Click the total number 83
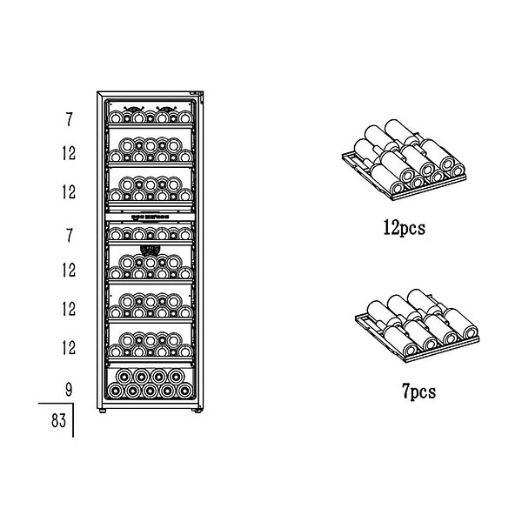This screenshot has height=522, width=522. pyautogui.click(x=58, y=420)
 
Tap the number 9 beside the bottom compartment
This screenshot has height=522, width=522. pyautogui.click(x=68, y=390)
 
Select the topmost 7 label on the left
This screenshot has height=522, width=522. pyautogui.click(x=69, y=119)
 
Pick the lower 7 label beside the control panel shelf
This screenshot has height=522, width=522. pyautogui.click(x=69, y=236)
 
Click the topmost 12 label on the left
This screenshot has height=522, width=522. pyautogui.click(x=69, y=153)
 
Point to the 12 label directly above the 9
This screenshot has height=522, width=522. pyautogui.click(x=69, y=348)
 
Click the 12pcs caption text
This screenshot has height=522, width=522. pyautogui.click(x=405, y=229)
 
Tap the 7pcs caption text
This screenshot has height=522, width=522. pyautogui.click(x=418, y=391)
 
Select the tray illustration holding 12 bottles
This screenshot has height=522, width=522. pyautogui.click(x=404, y=160)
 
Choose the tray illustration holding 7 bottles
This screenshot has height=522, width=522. pyautogui.click(x=417, y=325)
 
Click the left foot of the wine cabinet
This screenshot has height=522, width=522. pyautogui.click(x=103, y=412)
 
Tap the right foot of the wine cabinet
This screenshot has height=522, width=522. pyautogui.click(x=197, y=412)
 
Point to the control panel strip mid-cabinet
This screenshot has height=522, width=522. pyautogui.click(x=151, y=217)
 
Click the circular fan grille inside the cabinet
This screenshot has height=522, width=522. pyautogui.click(x=151, y=250)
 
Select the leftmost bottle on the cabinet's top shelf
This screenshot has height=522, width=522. pyautogui.click(x=116, y=117)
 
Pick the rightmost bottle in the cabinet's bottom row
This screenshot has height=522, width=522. pyautogui.click(x=184, y=391)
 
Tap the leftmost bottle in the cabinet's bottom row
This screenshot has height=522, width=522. pyautogui.click(x=115, y=391)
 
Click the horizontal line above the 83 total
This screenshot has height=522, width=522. pyautogui.click(x=56, y=404)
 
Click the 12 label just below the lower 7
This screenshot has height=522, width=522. pyautogui.click(x=69, y=270)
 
